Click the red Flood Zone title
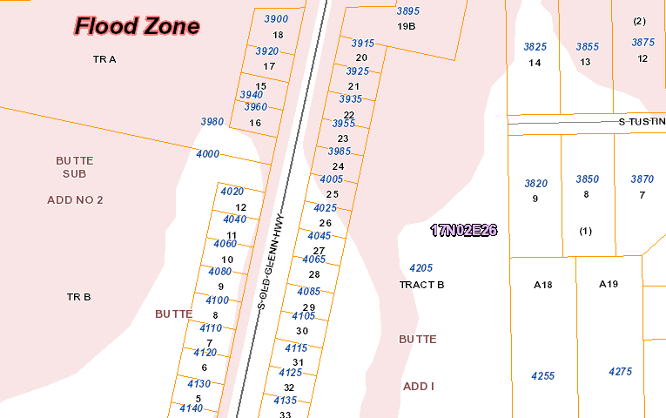(x=137, y=26)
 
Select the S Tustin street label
(x=642, y=122)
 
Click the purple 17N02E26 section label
(x=464, y=231)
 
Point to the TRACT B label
(x=422, y=285)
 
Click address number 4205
(x=421, y=268)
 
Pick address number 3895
(x=408, y=11)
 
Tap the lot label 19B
(x=407, y=26)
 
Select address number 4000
(x=208, y=154)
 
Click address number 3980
(x=212, y=122)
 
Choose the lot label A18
(x=543, y=285)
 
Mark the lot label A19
(x=609, y=284)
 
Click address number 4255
(x=543, y=376)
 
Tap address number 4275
(x=621, y=372)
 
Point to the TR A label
(x=104, y=59)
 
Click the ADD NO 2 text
(x=75, y=200)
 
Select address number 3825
(x=535, y=47)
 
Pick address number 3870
(x=642, y=179)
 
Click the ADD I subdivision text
(x=418, y=386)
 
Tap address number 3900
(x=276, y=19)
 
